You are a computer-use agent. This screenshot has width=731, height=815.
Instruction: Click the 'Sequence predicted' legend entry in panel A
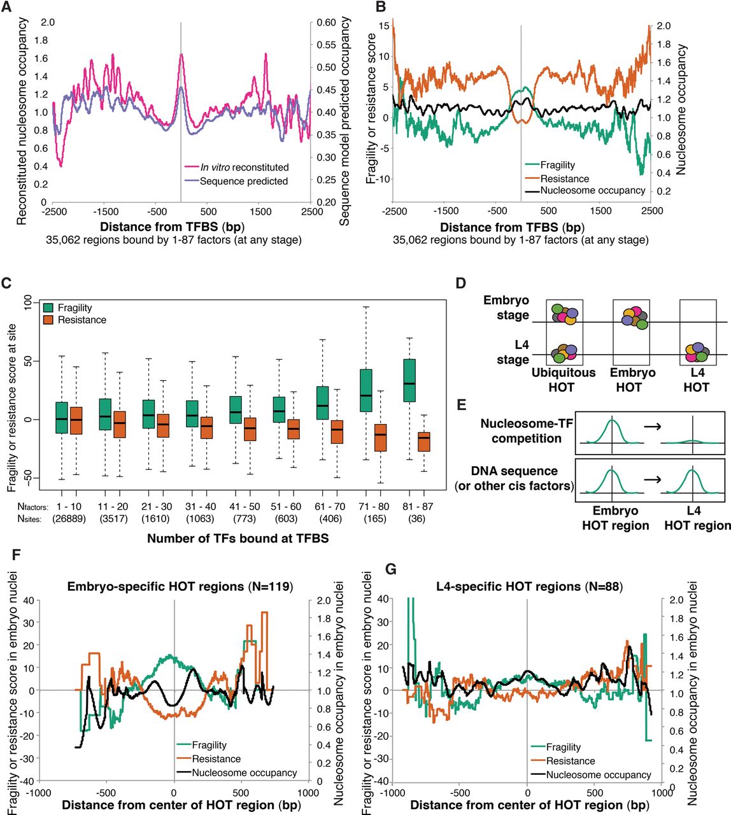tap(243, 181)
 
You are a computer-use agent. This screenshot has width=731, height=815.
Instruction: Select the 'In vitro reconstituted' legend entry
tap(245, 167)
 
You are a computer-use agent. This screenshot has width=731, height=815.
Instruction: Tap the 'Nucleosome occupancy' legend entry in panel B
tap(592, 190)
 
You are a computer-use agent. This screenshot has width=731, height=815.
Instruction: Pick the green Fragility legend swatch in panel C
tap(48, 308)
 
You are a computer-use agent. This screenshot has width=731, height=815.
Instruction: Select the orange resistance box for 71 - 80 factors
tap(381, 437)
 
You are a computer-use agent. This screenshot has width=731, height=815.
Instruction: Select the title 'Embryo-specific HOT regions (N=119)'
tap(180, 587)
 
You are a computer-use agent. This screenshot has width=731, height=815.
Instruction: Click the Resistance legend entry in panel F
tap(216, 759)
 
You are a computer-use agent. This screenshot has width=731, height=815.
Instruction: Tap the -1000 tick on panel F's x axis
tap(39, 793)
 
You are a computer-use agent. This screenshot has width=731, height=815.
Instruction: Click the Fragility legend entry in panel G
tap(564, 748)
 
